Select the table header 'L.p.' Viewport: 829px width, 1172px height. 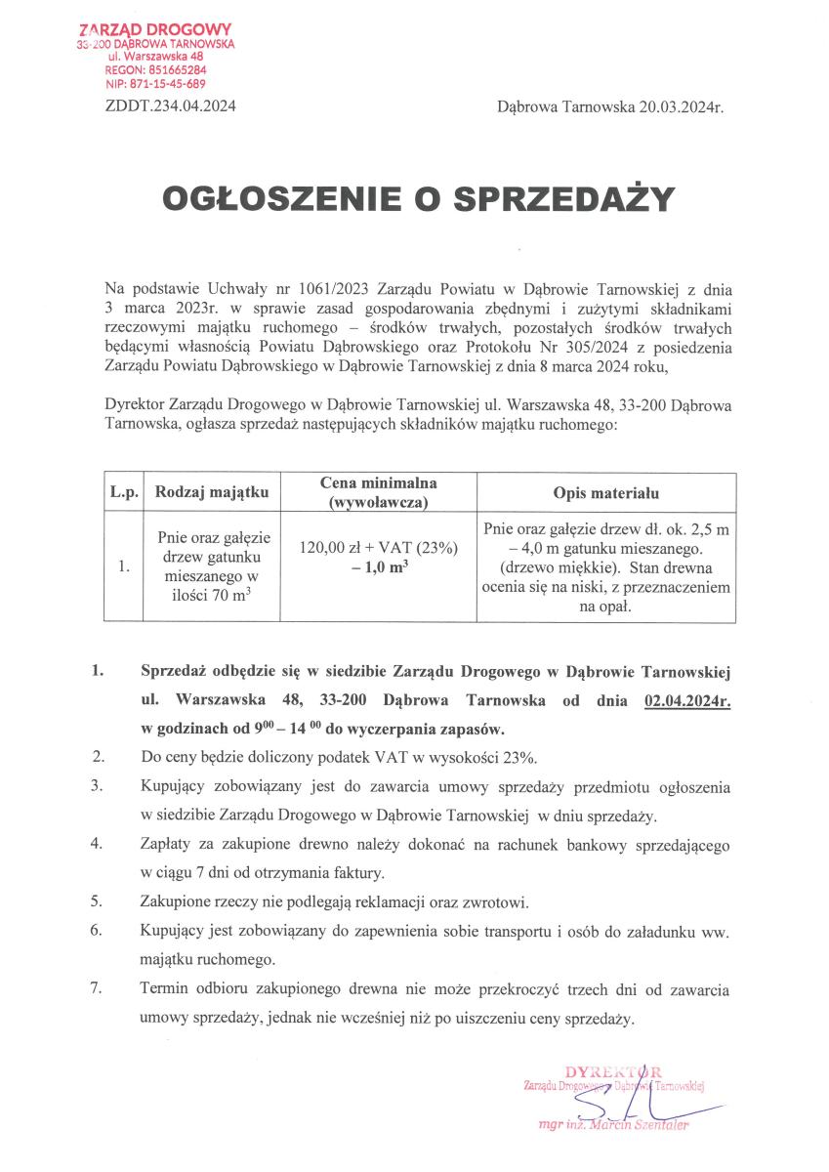tap(123, 492)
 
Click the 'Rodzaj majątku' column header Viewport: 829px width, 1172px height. tap(211, 492)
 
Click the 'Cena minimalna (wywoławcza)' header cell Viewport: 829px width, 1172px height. tap(379, 492)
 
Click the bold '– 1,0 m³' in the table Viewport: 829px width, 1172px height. tap(379, 566)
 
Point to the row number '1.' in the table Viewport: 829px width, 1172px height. tap(123, 565)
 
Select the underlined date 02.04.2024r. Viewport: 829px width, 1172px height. tap(686, 701)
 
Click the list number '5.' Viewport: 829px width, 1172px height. tap(97, 900)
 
